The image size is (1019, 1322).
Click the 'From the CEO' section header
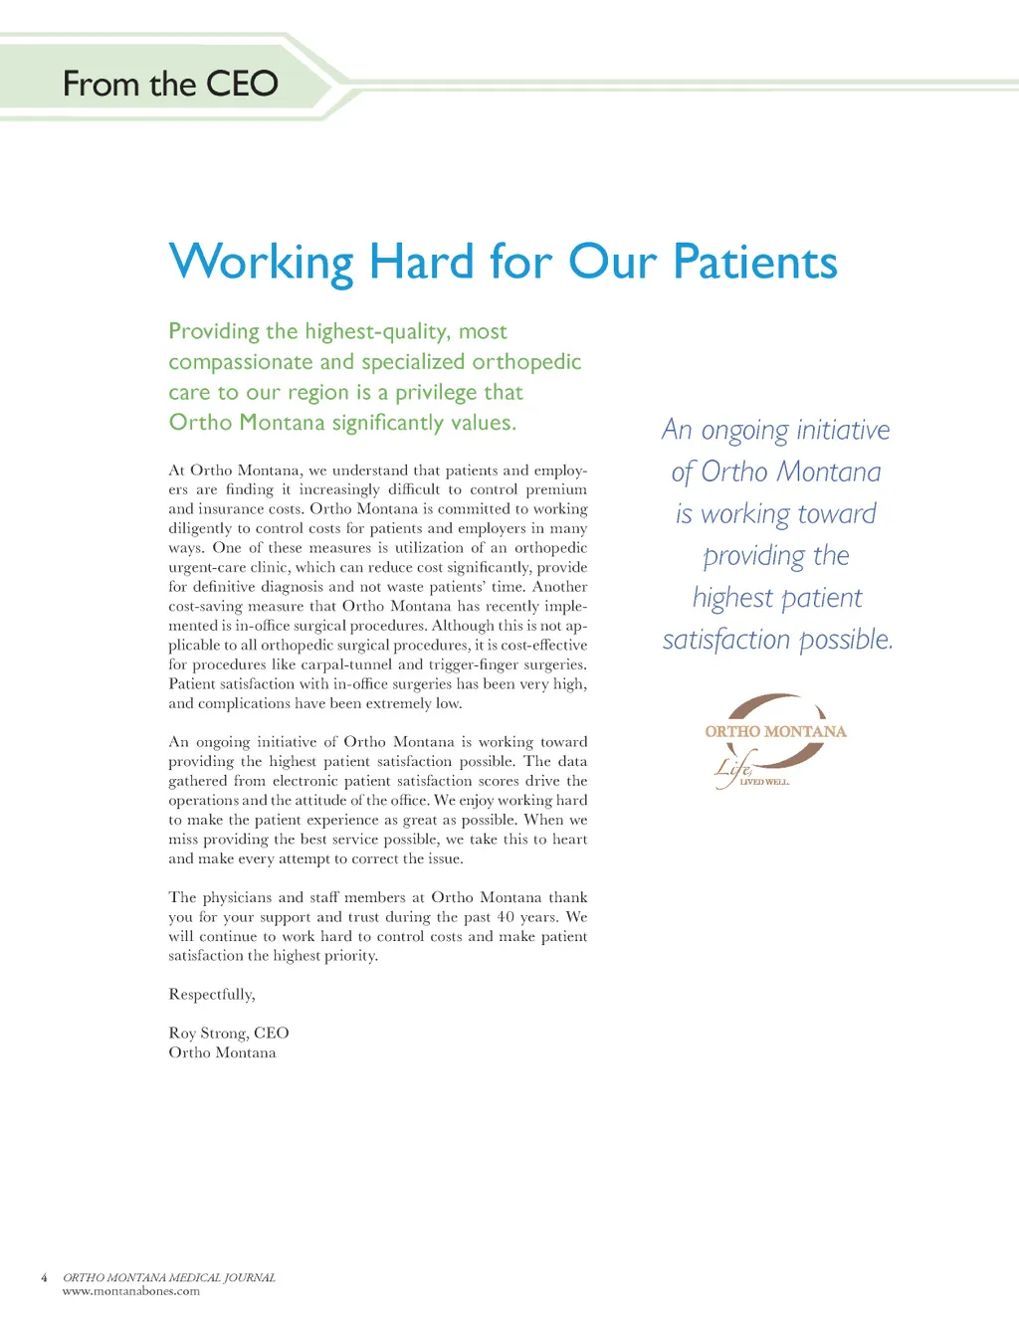[170, 84]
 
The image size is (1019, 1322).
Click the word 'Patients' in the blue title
[755, 263]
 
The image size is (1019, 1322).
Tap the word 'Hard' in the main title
[421, 263]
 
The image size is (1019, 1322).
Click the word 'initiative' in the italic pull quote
[843, 430]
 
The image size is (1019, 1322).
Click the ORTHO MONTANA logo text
[775, 731]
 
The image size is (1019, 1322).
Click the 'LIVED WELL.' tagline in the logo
[764, 782]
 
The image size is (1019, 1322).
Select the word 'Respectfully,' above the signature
[212, 995]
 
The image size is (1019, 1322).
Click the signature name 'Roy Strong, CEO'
[229, 1034]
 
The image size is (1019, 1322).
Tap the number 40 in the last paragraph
[505, 917]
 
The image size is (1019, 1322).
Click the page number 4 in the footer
[44, 1277]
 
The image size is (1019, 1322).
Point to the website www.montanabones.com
[131, 1291]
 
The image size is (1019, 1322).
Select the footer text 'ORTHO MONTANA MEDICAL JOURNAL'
[169, 1277]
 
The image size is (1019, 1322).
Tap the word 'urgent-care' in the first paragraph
[207, 567]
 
